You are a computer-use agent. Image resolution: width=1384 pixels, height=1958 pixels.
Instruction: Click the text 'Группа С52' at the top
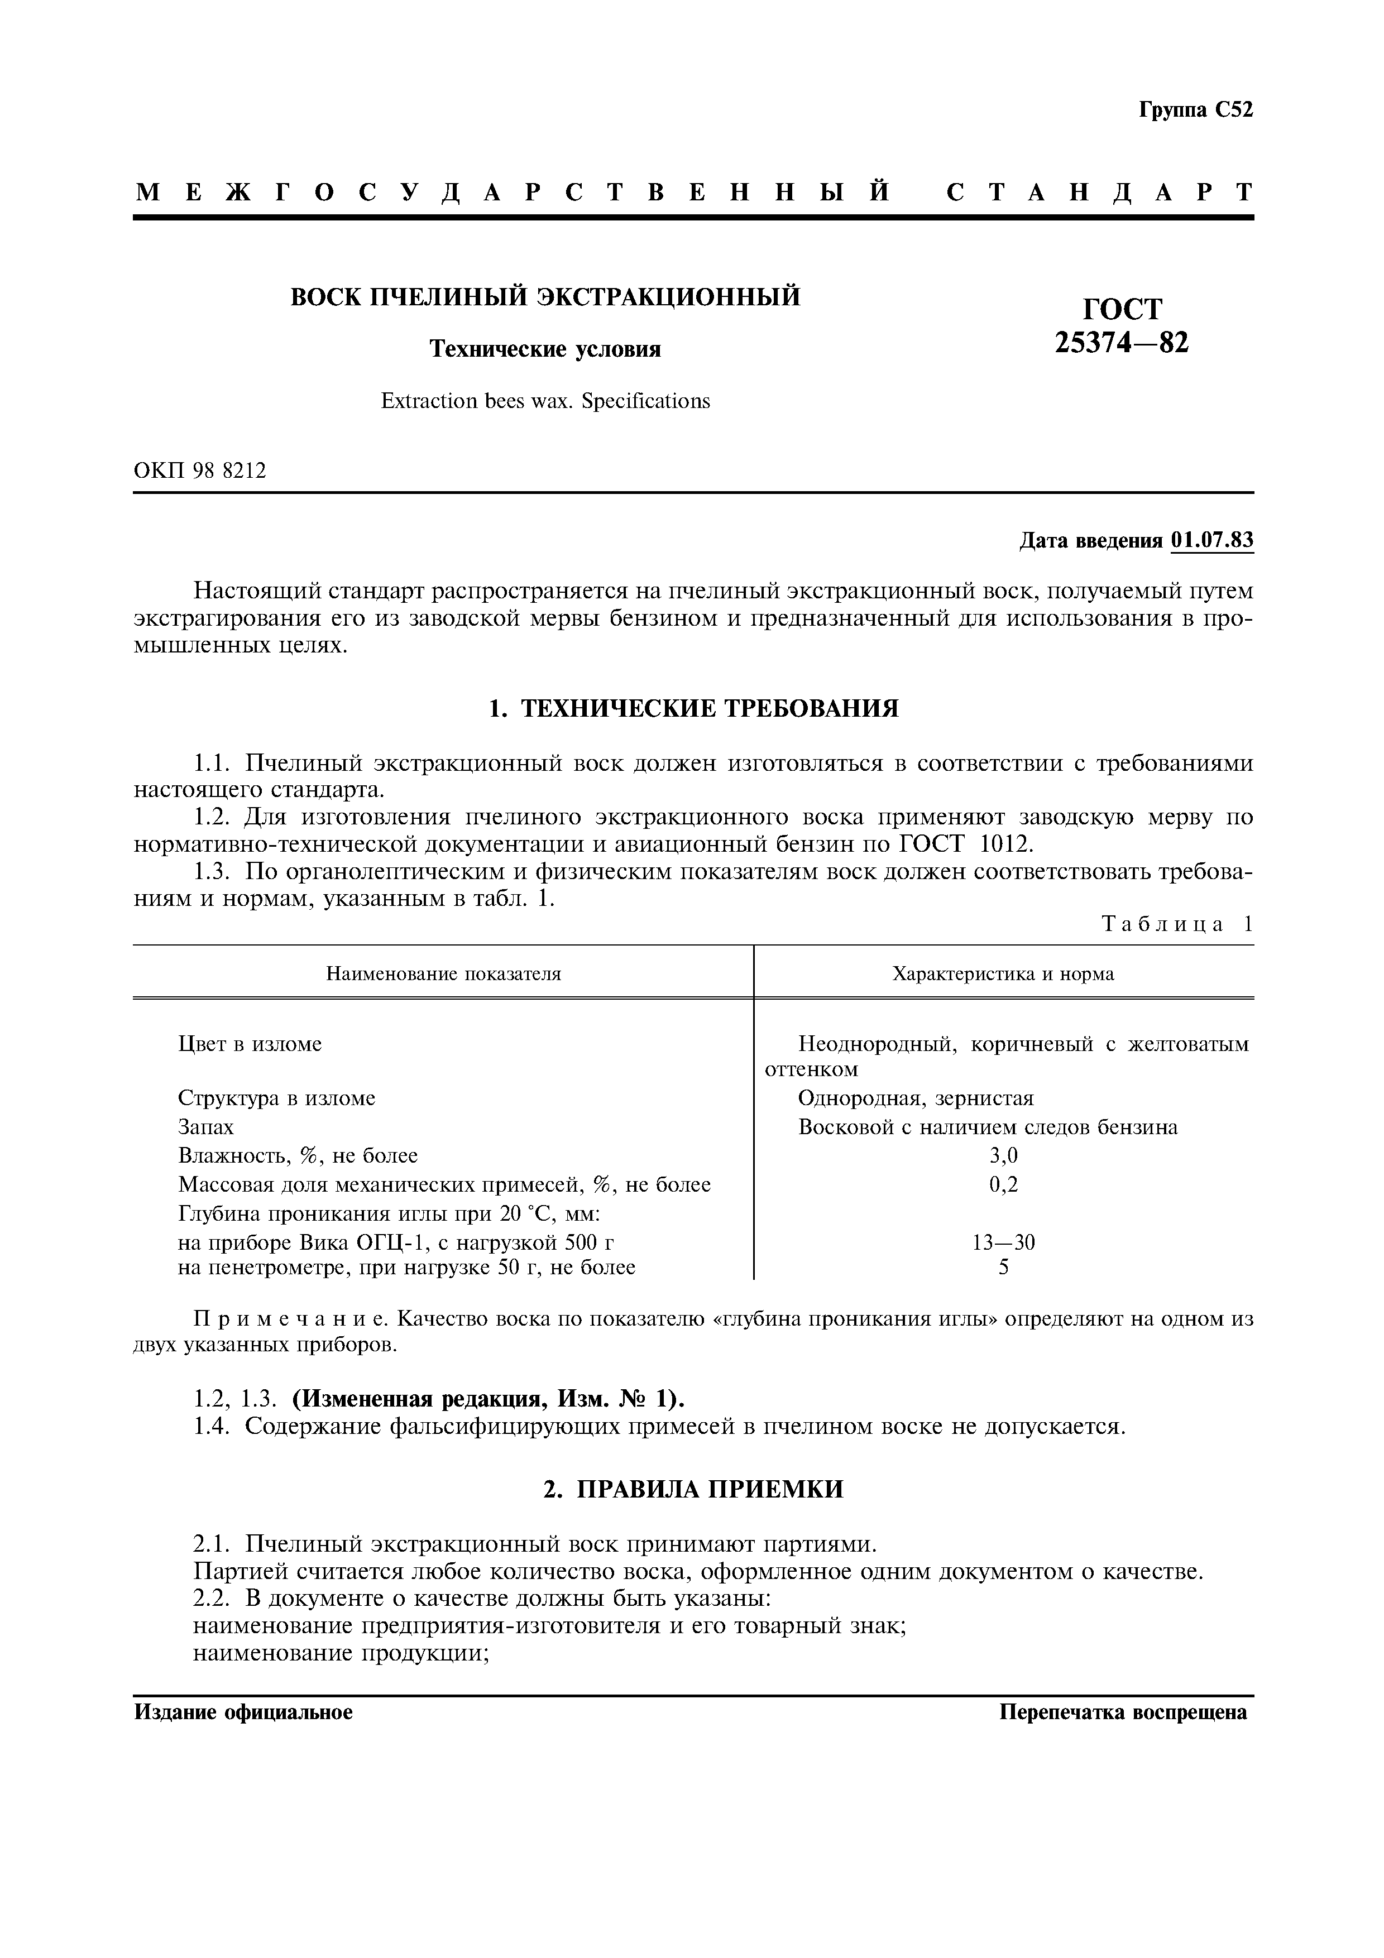[x=1195, y=110]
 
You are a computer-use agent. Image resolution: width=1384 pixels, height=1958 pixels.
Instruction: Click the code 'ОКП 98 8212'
[x=200, y=470]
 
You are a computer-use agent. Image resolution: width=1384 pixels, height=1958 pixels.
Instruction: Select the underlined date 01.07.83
[x=1211, y=541]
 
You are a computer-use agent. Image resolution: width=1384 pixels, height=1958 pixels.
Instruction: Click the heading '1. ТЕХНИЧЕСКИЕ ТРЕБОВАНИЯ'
[x=693, y=708]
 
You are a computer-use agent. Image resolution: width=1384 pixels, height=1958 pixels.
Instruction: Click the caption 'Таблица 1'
[x=1177, y=924]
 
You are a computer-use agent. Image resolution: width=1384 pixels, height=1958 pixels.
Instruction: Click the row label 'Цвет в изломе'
[x=250, y=1044]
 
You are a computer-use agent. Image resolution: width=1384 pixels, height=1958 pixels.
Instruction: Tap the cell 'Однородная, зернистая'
[x=916, y=1098]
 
